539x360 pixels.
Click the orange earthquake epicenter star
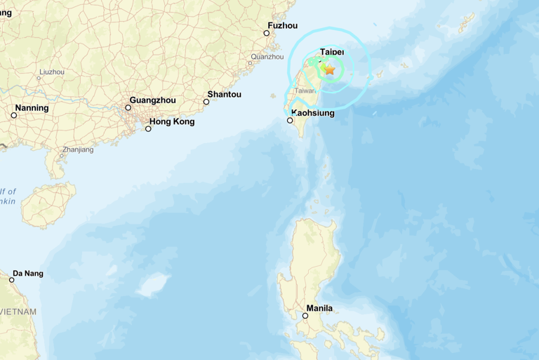[x=329, y=69]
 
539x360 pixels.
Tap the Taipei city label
[x=332, y=52]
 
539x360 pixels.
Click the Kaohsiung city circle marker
[x=290, y=121]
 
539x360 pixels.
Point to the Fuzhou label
[x=282, y=25]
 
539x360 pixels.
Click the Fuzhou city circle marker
[x=267, y=33]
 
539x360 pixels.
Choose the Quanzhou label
[x=267, y=56]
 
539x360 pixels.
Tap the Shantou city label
[x=225, y=94]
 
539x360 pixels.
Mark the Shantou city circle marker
[x=206, y=102]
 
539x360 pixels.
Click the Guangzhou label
[x=153, y=100]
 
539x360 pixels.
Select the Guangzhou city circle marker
[x=128, y=107]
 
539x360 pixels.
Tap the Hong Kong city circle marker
[x=148, y=128]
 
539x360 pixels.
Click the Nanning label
[x=32, y=108]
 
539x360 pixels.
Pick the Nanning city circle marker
[x=13, y=115]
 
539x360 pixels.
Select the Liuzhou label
[x=52, y=72]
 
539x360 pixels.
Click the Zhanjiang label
[x=78, y=149]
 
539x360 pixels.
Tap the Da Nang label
[x=28, y=273]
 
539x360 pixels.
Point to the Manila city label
[x=319, y=308]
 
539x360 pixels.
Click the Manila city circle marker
[x=305, y=316]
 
